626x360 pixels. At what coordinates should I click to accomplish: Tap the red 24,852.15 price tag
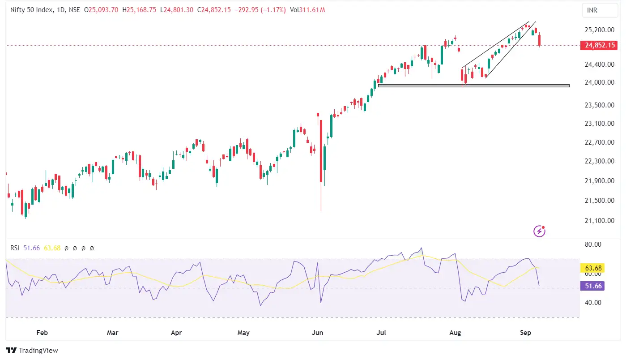click(598, 45)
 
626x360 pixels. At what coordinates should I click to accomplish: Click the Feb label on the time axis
click(42, 333)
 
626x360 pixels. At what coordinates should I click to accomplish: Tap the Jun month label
click(317, 333)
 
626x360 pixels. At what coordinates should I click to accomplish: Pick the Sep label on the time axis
click(526, 333)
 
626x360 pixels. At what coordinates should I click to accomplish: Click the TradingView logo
click(32, 351)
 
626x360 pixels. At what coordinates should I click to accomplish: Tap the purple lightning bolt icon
click(540, 231)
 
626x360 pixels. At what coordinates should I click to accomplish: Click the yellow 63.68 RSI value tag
click(593, 268)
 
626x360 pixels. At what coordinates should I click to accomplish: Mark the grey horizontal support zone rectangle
click(473, 86)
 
